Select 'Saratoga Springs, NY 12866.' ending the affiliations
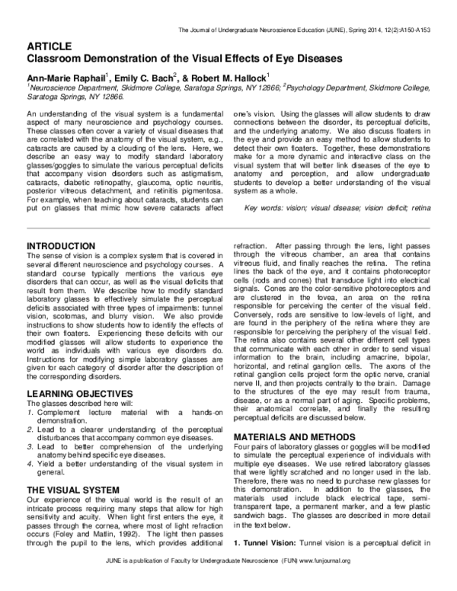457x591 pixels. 75,98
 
